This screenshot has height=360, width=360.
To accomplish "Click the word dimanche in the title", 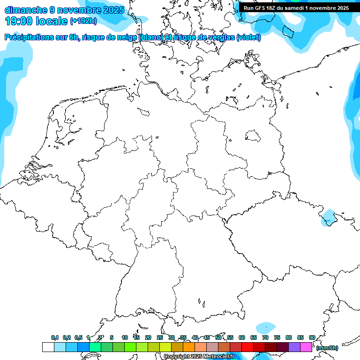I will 25,10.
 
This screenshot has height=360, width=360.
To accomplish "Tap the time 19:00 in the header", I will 20,21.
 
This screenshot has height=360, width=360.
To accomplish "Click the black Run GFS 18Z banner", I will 296,8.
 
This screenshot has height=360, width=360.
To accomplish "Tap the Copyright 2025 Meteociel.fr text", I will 199,357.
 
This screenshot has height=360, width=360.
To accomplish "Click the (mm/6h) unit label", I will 327,348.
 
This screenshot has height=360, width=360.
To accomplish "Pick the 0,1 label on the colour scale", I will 55,337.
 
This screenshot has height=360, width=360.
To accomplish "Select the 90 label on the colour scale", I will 312,337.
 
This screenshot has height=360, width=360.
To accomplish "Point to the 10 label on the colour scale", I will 125,337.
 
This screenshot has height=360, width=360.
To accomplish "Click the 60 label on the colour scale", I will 242,337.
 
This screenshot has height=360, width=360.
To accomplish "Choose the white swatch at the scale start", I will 48,347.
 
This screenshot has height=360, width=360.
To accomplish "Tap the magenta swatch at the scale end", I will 306,347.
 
